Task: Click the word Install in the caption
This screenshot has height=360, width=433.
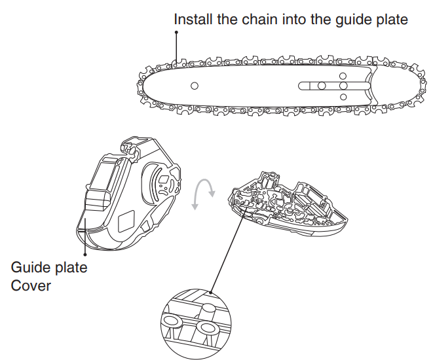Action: (193, 20)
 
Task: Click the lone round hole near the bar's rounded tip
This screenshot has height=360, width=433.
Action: (194, 86)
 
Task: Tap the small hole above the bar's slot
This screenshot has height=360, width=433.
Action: (343, 75)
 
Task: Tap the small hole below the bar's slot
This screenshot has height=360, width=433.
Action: (343, 97)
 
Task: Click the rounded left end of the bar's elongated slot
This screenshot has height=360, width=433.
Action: (302, 86)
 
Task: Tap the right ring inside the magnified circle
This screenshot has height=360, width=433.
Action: (208, 325)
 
